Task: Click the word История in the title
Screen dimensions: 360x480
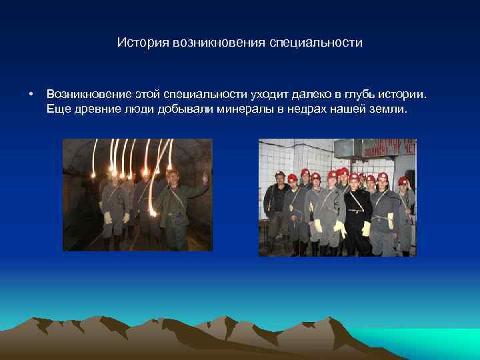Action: coord(142,43)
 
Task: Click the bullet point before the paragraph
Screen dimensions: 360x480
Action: coord(31,95)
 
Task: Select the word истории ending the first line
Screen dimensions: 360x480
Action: coord(401,95)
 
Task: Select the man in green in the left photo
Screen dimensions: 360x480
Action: coord(177,207)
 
